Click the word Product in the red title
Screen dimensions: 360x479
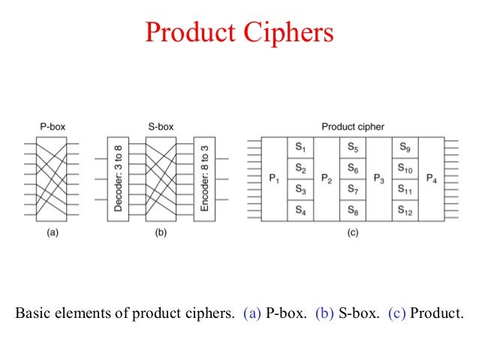pyautogui.click(x=191, y=33)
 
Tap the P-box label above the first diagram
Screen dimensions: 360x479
pyautogui.click(x=53, y=127)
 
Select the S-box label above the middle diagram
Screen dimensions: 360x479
pyautogui.click(x=160, y=127)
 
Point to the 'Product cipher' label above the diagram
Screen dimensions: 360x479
pyautogui.click(x=352, y=127)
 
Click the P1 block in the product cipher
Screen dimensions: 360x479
pyautogui.click(x=274, y=179)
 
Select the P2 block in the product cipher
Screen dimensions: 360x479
pyautogui.click(x=327, y=179)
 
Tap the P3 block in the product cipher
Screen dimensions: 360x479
pyautogui.click(x=379, y=179)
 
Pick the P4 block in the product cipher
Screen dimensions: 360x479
pyautogui.click(x=431, y=179)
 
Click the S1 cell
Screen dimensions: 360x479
pyautogui.click(x=300, y=147)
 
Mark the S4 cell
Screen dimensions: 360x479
pyautogui.click(x=300, y=210)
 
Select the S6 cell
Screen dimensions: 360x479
pyautogui.click(x=353, y=168)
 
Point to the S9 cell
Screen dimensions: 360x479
pyautogui.click(x=405, y=147)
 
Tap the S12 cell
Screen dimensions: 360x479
pyautogui.click(x=405, y=210)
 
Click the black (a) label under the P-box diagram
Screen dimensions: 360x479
pyautogui.click(x=53, y=233)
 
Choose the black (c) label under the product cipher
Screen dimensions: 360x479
pyautogui.click(x=352, y=233)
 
